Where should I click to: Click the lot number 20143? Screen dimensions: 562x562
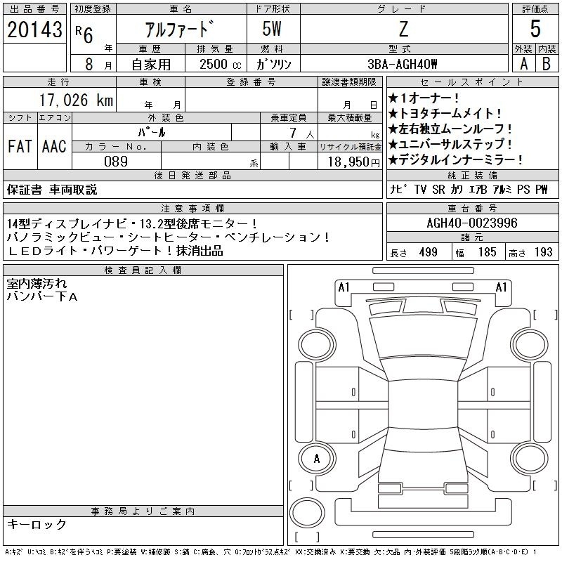(x=34, y=30)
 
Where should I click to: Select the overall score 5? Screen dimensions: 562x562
(x=535, y=29)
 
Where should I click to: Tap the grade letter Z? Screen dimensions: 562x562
(x=403, y=29)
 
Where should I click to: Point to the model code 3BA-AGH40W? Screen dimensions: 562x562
(x=403, y=64)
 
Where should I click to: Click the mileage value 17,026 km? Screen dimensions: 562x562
(x=76, y=100)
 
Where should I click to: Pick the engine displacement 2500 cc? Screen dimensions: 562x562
(x=221, y=65)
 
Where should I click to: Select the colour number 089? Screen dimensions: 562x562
(x=116, y=162)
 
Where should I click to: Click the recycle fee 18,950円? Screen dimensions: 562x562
(x=354, y=162)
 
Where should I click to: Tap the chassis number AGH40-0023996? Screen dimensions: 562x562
(x=472, y=223)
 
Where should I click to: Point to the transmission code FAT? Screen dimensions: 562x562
(x=20, y=146)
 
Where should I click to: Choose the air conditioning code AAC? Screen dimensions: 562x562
(x=54, y=146)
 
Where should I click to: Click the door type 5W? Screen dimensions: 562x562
(x=272, y=29)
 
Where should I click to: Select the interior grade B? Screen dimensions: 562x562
(x=547, y=64)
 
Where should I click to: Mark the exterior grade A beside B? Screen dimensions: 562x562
(x=524, y=64)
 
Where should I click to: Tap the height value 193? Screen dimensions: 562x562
(x=543, y=252)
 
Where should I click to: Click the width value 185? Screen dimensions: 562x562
(x=487, y=252)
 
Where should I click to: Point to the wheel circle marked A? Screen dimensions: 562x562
(x=317, y=459)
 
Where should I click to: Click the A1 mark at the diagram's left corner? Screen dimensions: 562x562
(x=344, y=287)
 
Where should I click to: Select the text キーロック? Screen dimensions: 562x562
(x=37, y=524)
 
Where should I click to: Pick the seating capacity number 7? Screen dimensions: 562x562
(x=293, y=133)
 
